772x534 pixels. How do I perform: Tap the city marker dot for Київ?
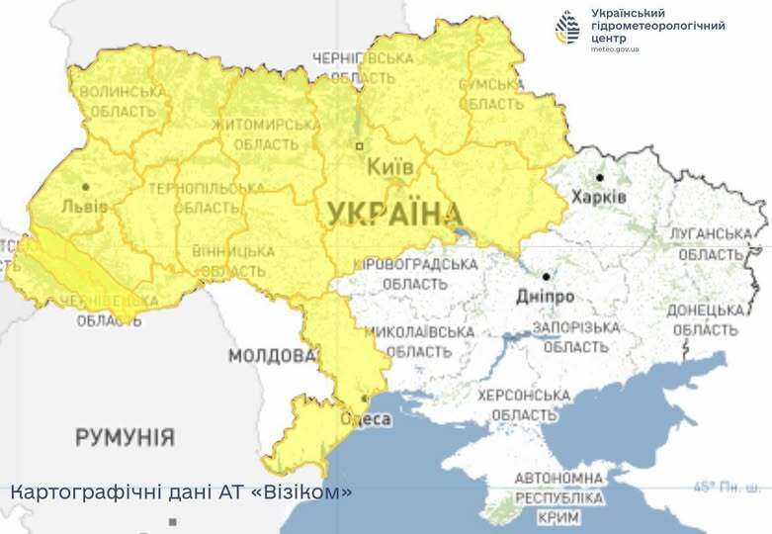(360, 146)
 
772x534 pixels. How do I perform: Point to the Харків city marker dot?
(599, 178)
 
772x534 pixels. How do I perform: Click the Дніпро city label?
(545, 296)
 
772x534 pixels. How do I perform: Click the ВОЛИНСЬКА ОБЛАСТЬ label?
(123, 102)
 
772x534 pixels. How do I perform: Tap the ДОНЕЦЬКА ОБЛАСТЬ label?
(705, 318)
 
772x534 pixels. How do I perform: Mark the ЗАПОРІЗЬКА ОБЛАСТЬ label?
(575, 336)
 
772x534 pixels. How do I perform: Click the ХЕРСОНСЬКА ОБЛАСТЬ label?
(524, 404)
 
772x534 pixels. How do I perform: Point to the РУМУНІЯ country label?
(125, 436)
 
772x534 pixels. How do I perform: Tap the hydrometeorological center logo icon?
(567, 27)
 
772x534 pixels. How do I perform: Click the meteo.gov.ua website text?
(615, 48)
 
